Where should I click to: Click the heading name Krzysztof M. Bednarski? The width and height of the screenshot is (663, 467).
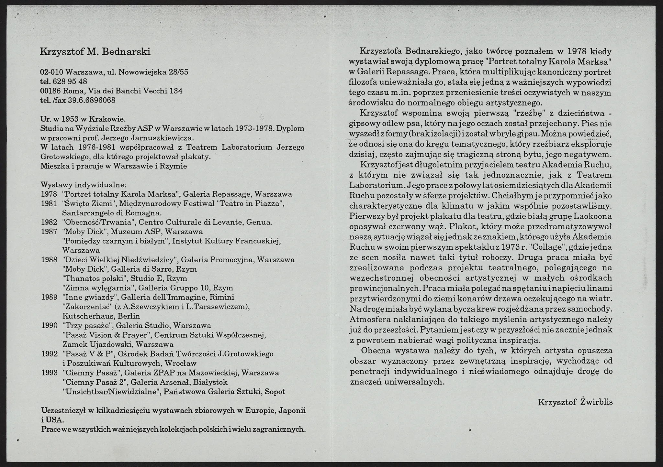click(x=95, y=52)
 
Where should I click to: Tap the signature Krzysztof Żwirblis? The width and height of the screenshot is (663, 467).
click(x=575, y=402)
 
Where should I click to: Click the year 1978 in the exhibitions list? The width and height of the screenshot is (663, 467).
click(x=49, y=194)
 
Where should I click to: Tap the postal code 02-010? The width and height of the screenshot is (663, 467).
click(x=51, y=72)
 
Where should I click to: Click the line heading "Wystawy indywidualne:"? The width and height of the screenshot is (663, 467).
click(x=83, y=185)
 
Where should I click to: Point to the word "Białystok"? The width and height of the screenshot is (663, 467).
click(x=210, y=382)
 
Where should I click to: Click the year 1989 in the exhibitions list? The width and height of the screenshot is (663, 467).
click(x=49, y=297)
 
